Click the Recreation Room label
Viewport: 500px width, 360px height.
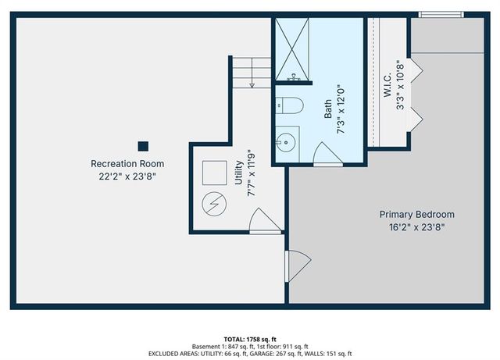[x=127, y=164]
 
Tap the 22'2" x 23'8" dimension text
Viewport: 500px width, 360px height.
[x=127, y=177]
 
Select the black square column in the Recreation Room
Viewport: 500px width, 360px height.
[x=143, y=145]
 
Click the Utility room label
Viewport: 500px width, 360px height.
[x=238, y=173]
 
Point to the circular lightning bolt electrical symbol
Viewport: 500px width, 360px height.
[x=212, y=205]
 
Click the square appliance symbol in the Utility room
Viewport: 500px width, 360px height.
[x=213, y=172]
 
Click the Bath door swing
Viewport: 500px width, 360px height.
[x=327, y=155]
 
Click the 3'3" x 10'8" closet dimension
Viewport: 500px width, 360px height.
[x=400, y=85]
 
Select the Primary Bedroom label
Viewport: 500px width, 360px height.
[x=416, y=214]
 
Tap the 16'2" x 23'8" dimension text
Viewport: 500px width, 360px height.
[x=416, y=227]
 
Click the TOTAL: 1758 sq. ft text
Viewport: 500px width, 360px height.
[x=250, y=340]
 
